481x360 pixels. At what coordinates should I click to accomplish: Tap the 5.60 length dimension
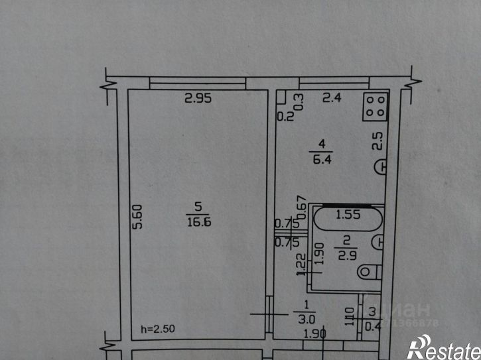[x=137, y=216]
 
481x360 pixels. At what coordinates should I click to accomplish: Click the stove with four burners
[x=375, y=106]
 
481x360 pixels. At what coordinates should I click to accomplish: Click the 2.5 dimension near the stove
[x=377, y=141]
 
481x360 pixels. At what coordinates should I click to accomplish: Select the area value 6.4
[x=320, y=157]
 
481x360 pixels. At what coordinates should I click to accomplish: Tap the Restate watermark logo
[x=443, y=346]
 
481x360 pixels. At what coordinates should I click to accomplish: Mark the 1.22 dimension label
[x=301, y=265]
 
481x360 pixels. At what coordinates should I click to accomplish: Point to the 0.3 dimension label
[x=299, y=101]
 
